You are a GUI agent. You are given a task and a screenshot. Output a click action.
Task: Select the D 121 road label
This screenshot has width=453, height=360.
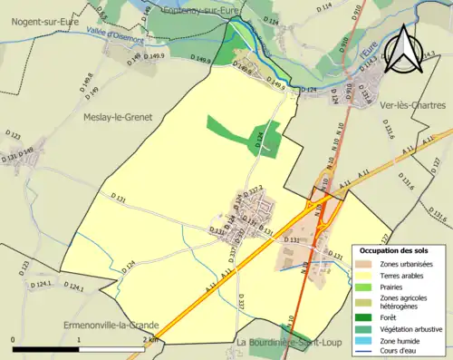point(10,158)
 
